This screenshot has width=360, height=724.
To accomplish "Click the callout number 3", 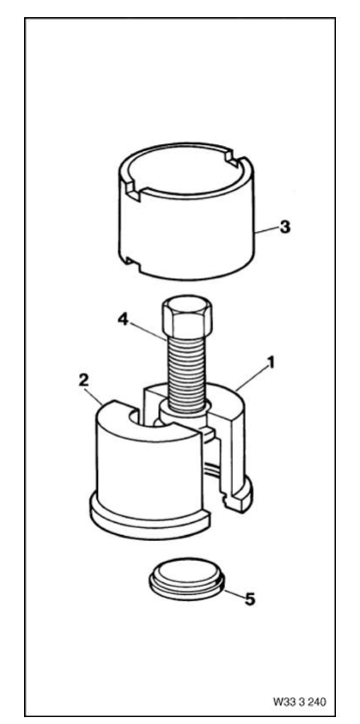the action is tap(285, 228).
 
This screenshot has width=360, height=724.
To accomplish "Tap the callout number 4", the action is tap(123, 319).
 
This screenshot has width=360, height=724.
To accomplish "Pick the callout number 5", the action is tap(249, 599).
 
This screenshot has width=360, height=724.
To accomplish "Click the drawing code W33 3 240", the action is tap(299, 702).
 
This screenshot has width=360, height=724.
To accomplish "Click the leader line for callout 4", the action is tap(148, 330).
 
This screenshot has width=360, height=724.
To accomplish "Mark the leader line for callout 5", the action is tap(234, 593).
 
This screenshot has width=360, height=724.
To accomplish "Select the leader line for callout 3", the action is tap(267, 230).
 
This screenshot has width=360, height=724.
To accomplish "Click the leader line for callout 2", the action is tap(95, 396).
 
